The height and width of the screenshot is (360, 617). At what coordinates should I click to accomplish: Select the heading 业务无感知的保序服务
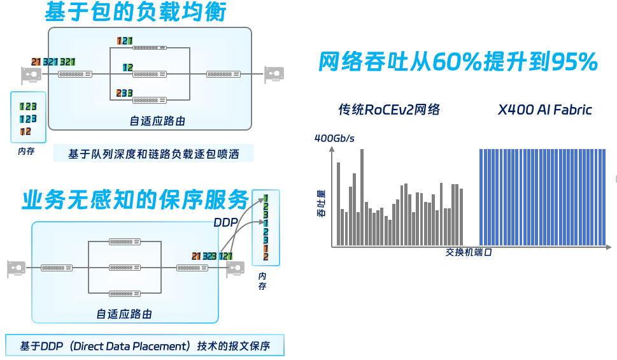135,200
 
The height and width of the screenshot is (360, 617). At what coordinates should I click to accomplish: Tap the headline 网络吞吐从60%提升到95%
458,62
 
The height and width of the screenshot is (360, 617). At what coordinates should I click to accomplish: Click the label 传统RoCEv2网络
389,110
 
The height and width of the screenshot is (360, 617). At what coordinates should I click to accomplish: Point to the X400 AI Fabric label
544,110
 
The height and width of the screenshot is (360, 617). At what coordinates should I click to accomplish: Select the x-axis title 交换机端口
469,252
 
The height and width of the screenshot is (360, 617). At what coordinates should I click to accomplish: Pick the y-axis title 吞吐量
321,203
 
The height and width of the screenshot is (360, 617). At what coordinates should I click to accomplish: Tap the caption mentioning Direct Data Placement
145,346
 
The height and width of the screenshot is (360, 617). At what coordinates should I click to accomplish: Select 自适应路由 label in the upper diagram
157,121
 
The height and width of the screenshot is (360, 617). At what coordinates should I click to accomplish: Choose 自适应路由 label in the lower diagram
124,313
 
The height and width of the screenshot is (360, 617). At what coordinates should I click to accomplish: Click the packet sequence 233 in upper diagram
124,93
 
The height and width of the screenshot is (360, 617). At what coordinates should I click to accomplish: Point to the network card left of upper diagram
31,75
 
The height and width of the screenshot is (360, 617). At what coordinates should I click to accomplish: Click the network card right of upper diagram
274,75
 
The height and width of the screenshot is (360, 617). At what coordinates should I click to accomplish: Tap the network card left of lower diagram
17,268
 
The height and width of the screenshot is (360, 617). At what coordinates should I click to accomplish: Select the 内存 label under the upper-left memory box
25,152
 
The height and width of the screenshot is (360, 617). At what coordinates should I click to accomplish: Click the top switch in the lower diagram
124,241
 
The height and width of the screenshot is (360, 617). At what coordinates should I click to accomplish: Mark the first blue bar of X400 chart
481,198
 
